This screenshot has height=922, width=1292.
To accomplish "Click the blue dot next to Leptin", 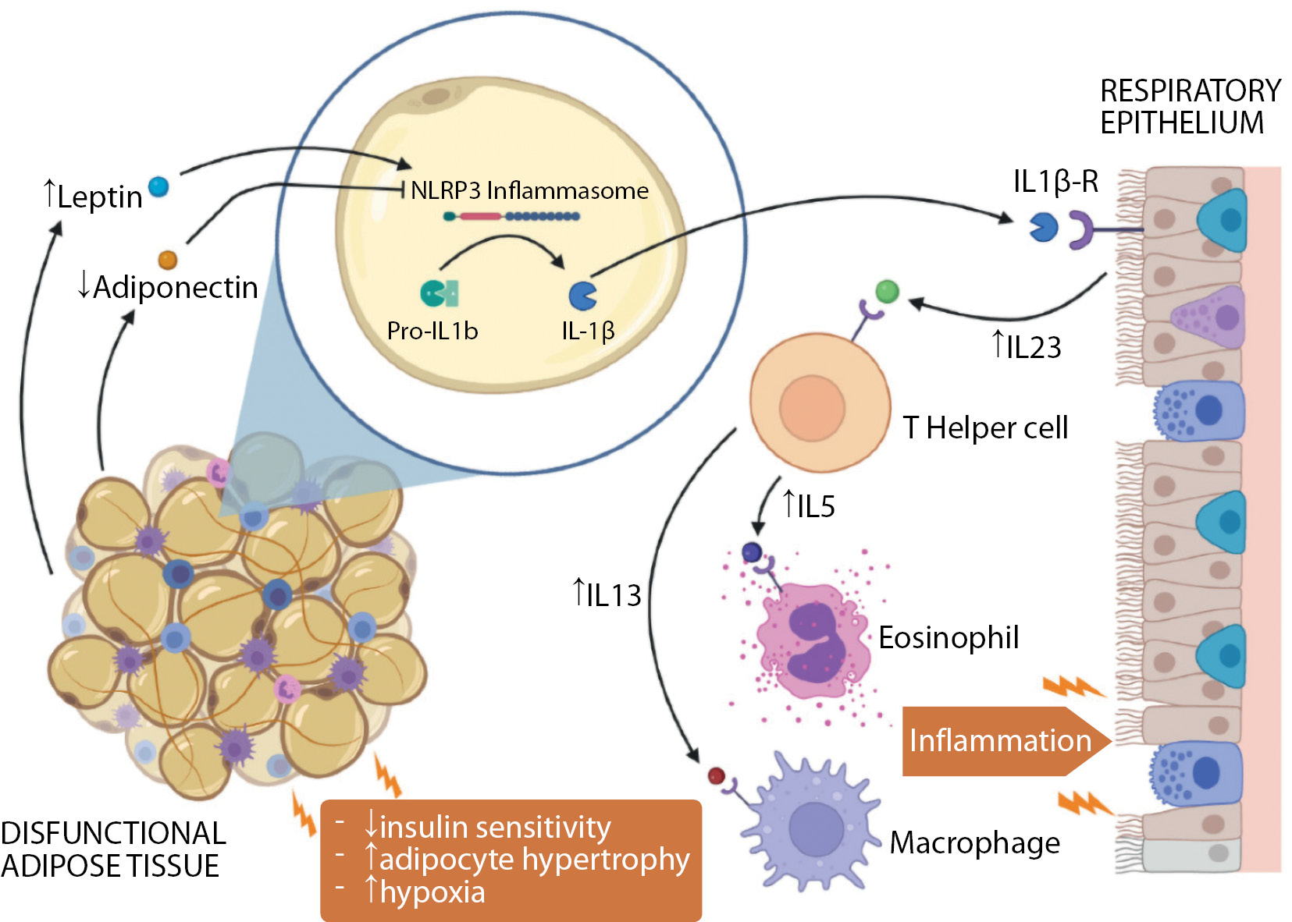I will pyautogui.click(x=158, y=187).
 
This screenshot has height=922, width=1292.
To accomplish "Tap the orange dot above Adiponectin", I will pyautogui.click(x=168, y=260).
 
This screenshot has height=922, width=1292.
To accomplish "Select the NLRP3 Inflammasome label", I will pyautogui.click(x=529, y=190).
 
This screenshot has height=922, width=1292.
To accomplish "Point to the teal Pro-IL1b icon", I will pyautogui.click(x=439, y=293).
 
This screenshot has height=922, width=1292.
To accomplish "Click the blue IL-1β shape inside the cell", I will pyautogui.click(x=582, y=296).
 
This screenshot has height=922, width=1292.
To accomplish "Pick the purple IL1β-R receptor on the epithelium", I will pyautogui.click(x=1081, y=230).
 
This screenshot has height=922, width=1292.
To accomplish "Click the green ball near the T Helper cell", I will pyautogui.click(x=887, y=292).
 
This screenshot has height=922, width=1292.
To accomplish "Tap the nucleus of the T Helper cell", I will pyautogui.click(x=812, y=408).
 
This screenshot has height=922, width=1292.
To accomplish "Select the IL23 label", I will pyautogui.click(x=1033, y=348).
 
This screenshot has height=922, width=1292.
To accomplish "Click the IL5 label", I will pyautogui.click(x=815, y=507).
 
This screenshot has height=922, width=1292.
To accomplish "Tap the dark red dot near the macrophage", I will pyautogui.click(x=716, y=776).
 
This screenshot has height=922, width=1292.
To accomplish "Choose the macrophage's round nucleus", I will pyautogui.click(x=816, y=829).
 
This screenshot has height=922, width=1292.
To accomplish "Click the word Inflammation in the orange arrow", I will pyautogui.click(x=1000, y=741).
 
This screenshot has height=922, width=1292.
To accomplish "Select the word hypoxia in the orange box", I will pyautogui.click(x=432, y=892).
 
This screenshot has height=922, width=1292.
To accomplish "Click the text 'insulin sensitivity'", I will pyautogui.click(x=495, y=828).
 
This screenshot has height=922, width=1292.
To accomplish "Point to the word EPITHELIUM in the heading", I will pyautogui.click(x=1181, y=123).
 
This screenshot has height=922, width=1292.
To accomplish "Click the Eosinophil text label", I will pyautogui.click(x=949, y=638).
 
